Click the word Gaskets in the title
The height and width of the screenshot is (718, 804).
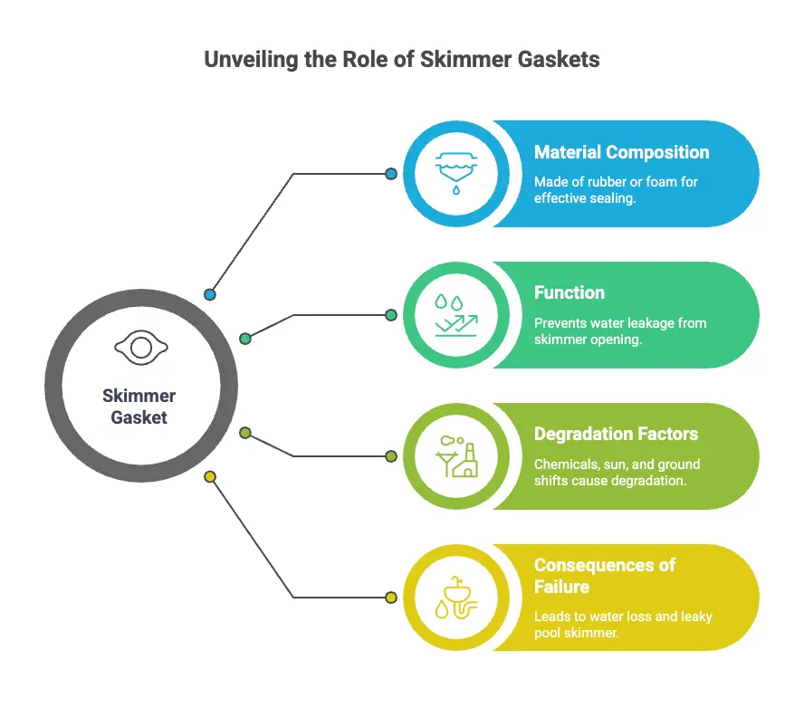coord(559,60)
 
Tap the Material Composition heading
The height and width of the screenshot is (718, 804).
coord(621,152)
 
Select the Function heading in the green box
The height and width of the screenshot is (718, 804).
coord(569,292)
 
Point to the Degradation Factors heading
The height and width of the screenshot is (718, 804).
coord(616,434)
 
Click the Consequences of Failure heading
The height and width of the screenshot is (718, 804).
coord(605,576)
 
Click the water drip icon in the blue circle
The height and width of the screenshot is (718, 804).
coord(455,173)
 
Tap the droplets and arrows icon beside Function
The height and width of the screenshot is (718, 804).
coord(455,315)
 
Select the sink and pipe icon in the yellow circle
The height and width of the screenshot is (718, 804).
coord(455,598)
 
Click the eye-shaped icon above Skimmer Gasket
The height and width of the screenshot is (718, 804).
coord(141,348)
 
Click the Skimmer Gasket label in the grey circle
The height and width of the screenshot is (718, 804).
coord(139,407)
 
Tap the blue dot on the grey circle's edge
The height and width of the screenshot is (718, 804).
coord(210,294)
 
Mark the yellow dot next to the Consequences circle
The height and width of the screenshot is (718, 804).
coord(391,598)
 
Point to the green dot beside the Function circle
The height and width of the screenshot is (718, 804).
coord(391,315)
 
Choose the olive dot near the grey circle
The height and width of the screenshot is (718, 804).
coord(245,433)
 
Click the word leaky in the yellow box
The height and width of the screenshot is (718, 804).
coord(697,617)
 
